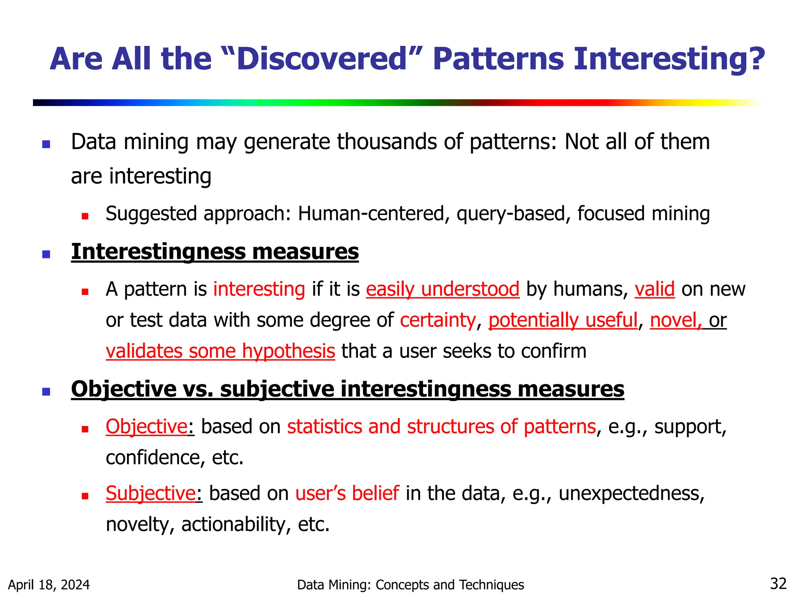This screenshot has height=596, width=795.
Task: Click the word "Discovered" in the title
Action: click(x=321, y=59)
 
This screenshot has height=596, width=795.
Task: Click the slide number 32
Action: click(x=778, y=584)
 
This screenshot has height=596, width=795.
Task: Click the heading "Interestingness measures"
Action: click(x=215, y=252)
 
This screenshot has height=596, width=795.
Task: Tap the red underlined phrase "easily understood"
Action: click(x=443, y=289)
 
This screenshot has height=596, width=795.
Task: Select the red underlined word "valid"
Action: click(x=654, y=289)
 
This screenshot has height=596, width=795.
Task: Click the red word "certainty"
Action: click(x=437, y=321)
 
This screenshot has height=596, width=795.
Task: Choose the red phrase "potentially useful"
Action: click(x=563, y=321)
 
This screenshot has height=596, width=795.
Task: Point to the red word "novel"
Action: click(x=675, y=321)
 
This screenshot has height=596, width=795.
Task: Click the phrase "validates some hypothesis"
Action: click(x=220, y=352)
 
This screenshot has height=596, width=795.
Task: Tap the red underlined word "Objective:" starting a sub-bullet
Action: click(x=148, y=427)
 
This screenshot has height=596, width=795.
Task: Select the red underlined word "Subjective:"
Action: click(x=151, y=494)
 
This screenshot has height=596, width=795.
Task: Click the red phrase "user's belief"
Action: click(x=347, y=494)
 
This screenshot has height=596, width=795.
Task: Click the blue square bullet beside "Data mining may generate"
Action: click(x=46, y=144)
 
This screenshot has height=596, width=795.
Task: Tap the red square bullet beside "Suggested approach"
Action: click(x=85, y=216)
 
